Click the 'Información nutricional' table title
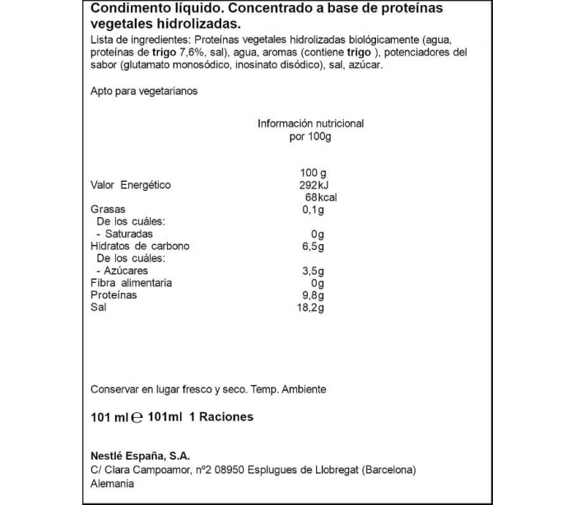click(x=310, y=123)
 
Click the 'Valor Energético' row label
click(x=130, y=185)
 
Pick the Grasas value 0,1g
click(x=314, y=210)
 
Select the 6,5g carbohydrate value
click(x=314, y=247)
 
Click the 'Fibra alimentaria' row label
click(x=131, y=283)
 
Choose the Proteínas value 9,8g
click(x=314, y=295)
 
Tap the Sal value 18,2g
click(x=310, y=308)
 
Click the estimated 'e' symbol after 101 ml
click(x=138, y=417)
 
